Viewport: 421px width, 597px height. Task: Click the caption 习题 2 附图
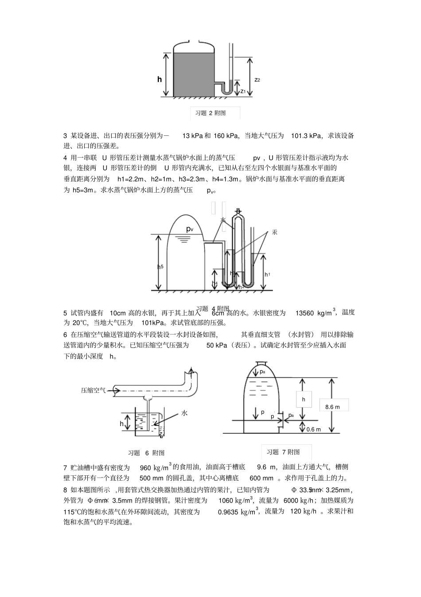[210, 113]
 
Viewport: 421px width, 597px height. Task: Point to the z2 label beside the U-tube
[257, 80]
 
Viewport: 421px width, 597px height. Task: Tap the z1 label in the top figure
[243, 91]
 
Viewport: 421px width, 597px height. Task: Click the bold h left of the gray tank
[160, 79]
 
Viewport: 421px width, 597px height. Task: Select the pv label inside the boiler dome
[190, 229]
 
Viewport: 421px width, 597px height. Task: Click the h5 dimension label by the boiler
[160, 267]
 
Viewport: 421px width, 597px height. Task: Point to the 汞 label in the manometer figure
[274, 232]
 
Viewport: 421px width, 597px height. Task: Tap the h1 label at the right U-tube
[267, 275]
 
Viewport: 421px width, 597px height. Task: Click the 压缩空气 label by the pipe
[93, 391]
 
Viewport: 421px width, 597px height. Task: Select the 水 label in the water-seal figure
[184, 413]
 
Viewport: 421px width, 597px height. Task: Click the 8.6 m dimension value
[332, 407]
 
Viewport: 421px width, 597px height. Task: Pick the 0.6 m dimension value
[313, 429]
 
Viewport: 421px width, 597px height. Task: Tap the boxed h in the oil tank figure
[304, 399]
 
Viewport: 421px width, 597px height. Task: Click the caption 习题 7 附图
[283, 452]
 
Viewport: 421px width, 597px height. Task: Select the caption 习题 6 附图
[146, 453]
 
